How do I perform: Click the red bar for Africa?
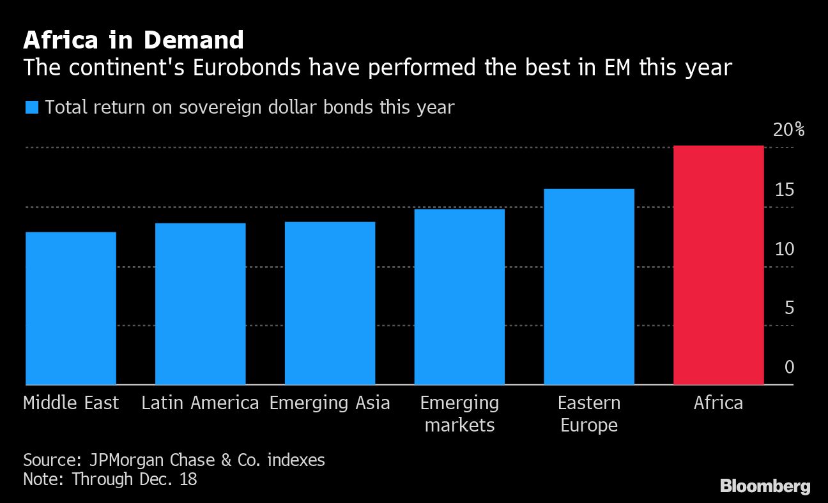point(718,265)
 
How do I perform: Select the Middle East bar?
point(71,308)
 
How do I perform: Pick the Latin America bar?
point(200,304)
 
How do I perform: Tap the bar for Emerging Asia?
point(330,303)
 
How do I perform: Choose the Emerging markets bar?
point(459,297)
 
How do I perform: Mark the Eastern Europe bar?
point(588,287)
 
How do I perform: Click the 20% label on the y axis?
point(788,130)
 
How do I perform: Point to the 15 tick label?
point(785,190)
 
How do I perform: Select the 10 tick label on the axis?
point(785,250)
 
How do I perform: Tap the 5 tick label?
point(789,308)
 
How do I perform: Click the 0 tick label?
point(789,368)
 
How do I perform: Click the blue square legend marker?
point(32,107)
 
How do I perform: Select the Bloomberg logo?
point(765,486)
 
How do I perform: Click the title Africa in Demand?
point(134,41)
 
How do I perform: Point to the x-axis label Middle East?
point(71,403)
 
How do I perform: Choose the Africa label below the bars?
point(718,403)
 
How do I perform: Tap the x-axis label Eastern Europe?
point(588,414)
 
